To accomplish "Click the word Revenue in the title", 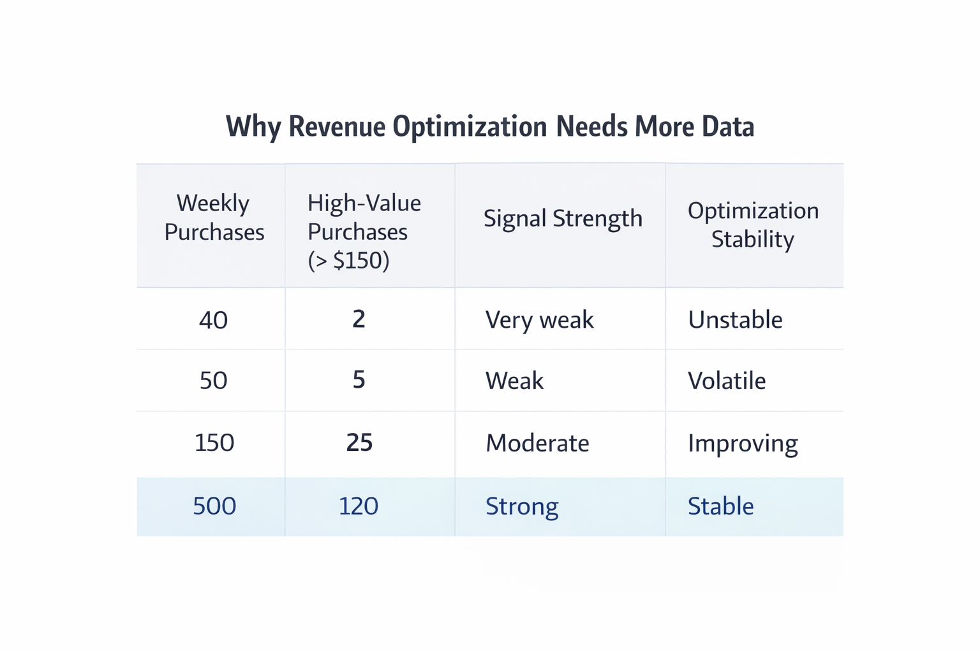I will (x=337, y=126).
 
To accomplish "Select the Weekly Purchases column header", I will (x=214, y=217).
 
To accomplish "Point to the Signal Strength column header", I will (x=563, y=219).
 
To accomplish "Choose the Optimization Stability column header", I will (x=753, y=224).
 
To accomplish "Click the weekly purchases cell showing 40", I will (x=213, y=319).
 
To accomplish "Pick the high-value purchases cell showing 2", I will (x=359, y=319).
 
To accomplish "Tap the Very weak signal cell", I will (x=539, y=319).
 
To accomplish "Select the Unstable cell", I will (x=735, y=319).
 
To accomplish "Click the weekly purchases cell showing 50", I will (x=213, y=381).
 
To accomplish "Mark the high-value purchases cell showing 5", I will (x=359, y=380).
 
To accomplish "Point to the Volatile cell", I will (x=727, y=381).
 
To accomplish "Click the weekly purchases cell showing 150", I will (x=214, y=443).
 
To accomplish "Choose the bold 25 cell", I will (x=359, y=443).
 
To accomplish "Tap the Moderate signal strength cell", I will (x=537, y=443).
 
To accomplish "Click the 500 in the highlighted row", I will (x=214, y=506).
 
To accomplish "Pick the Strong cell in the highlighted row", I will (x=522, y=506).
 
